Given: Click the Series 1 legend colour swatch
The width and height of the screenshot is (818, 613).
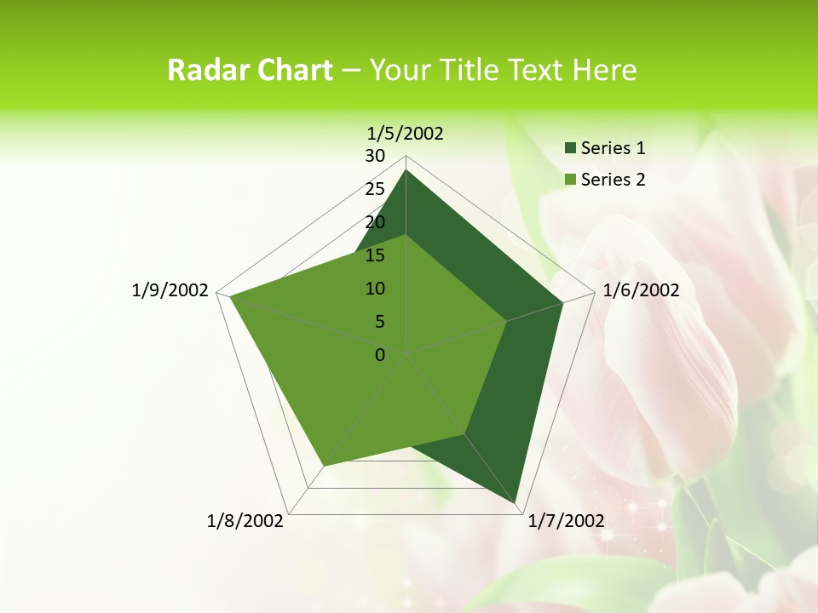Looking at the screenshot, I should coord(570,148).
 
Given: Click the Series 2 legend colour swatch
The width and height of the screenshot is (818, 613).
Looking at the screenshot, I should coord(570,180).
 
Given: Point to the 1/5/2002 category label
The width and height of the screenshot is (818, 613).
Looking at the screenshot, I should coord(405,133).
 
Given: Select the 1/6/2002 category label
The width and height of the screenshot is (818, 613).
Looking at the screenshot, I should coord(641,290).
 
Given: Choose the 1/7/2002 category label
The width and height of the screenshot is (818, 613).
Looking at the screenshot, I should coord(566,521).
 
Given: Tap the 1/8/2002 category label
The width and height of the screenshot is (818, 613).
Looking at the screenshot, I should coord(245,521).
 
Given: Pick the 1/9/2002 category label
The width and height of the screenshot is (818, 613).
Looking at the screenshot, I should coord(170,290).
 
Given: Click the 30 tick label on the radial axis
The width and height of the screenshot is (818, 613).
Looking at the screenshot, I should coord(375,156).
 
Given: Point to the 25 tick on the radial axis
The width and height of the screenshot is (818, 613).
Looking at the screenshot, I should coord(375,189).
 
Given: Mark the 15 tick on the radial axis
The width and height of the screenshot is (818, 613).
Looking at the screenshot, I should coord(375,255).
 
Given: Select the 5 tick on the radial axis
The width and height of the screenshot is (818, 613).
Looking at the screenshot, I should coord(380,322).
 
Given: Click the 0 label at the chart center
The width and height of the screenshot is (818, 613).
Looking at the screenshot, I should coord(380,355).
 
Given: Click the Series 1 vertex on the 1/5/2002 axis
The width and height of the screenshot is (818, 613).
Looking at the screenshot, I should coord(406,170).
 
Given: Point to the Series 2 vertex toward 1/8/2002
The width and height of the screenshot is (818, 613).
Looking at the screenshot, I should coord(323,466).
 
